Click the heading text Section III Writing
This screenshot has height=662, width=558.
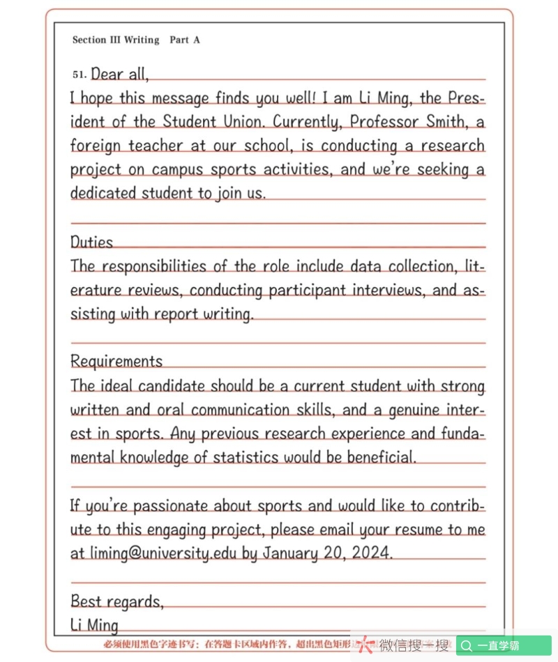point(116,40)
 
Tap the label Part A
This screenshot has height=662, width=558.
point(185,40)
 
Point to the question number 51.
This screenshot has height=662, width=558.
point(79,74)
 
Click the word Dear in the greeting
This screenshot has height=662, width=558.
point(107,74)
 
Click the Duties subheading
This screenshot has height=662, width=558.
point(91,243)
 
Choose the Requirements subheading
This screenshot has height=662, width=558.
point(116,362)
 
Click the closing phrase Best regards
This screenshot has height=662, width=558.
point(116,601)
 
